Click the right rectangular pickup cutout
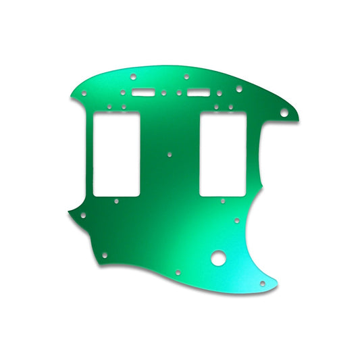pyautogui.click(x=221, y=152)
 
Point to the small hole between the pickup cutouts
pyautogui.click(x=170, y=154)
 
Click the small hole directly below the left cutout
pyautogui.click(x=116, y=201)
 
